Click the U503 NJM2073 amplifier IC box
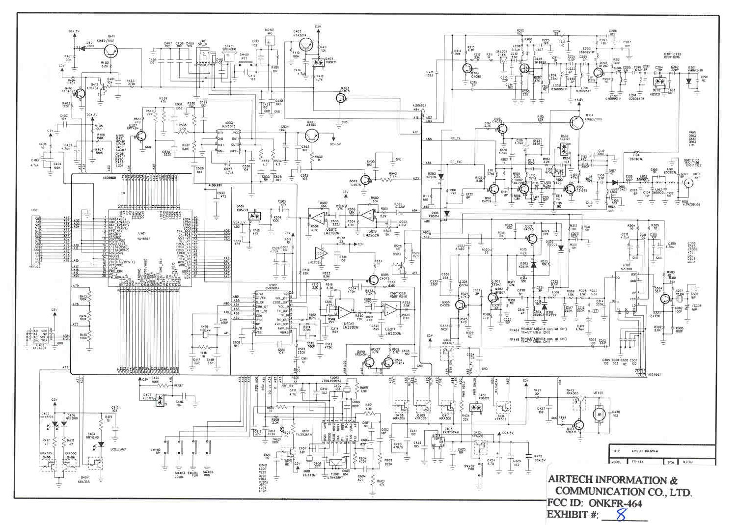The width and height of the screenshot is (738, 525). click(229, 142)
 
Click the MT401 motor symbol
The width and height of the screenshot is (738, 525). click(599, 414)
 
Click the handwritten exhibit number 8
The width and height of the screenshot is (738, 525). click(621, 514)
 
